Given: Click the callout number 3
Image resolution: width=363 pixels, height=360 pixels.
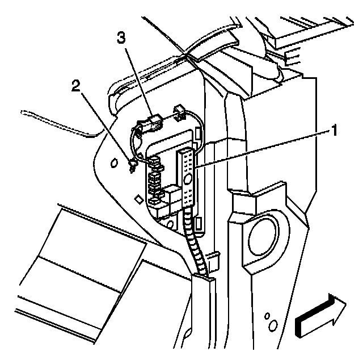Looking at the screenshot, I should tap(120, 37).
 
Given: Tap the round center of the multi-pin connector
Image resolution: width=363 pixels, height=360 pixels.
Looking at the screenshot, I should tap(188, 179).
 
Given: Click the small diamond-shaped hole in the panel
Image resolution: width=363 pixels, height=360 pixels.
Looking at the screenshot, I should tap(137, 199).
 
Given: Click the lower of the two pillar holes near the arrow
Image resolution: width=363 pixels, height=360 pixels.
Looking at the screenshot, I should tap(274, 327).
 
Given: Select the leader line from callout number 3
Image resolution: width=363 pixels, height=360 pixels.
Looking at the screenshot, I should tap(136, 79).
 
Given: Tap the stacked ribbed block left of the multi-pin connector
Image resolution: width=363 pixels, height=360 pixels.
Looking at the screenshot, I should tap(154, 182).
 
